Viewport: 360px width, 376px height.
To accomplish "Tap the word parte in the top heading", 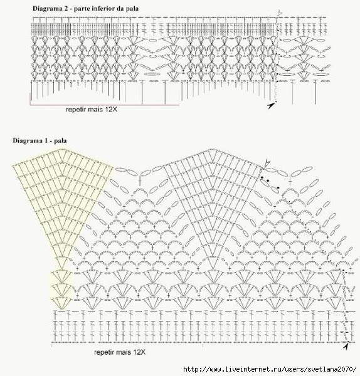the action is tap(80, 9).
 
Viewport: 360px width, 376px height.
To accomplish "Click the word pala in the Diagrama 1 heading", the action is tap(60, 140).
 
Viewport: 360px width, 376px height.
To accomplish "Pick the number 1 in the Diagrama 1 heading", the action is tap(45, 140).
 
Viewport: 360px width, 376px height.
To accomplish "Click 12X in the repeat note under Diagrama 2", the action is tap(111, 109).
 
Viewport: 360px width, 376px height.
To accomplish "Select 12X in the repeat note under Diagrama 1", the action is tap(139, 352).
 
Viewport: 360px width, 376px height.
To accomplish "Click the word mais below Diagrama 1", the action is tap(124, 352).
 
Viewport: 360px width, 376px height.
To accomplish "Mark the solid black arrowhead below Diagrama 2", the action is tap(271, 105).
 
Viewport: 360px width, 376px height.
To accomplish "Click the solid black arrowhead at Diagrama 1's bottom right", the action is tap(346, 347).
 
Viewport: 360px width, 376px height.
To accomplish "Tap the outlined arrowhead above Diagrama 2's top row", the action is tap(279, 13).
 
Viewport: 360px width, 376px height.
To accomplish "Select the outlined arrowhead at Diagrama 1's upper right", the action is tap(267, 164).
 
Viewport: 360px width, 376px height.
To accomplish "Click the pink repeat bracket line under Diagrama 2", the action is tap(104, 105).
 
